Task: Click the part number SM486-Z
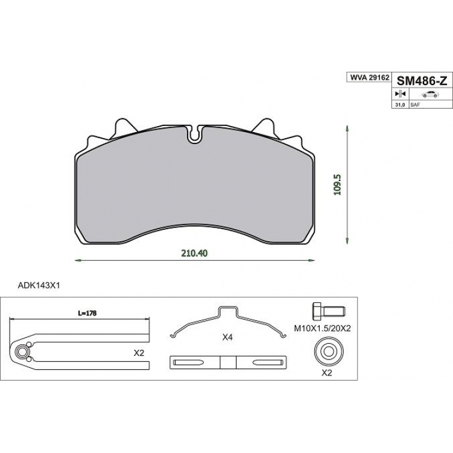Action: (x=422, y=81)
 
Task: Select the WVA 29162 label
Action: (x=370, y=78)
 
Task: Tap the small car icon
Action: (x=430, y=94)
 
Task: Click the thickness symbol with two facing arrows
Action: (x=401, y=94)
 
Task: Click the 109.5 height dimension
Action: (x=338, y=185)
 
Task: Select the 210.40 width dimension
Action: (x=194, y=253)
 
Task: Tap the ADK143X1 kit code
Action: (x=39, y=286)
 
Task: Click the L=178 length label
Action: (x=87, y=313)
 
